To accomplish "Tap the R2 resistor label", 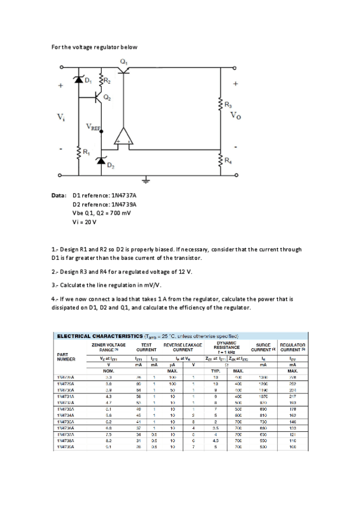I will (107, 80).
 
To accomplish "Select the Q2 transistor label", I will (106, 97).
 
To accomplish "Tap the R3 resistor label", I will (228, 106).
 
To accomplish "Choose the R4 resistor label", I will (228, 161).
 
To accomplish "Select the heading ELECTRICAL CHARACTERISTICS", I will (93, 336).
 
